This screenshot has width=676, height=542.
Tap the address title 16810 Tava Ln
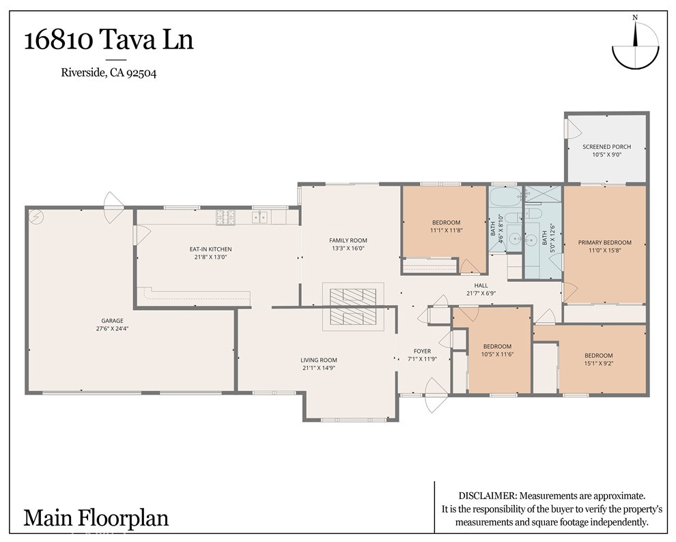[109, 40]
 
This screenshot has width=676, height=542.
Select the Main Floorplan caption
[96, 517]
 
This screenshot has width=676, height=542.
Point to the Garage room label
[112, 320]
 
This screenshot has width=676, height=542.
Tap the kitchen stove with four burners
[226, 217]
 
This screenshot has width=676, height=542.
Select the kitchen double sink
[259, 217]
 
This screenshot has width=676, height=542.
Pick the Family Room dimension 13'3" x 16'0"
[348, 248]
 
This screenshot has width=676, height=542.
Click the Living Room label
[319, 360]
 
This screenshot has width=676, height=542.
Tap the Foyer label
[422, 351]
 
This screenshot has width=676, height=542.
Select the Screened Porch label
[606, 147]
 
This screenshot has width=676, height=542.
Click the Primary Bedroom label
[604, 242]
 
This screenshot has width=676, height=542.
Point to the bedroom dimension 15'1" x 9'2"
[598, 364]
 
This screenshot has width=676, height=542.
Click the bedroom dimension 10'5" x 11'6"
[497, 355]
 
